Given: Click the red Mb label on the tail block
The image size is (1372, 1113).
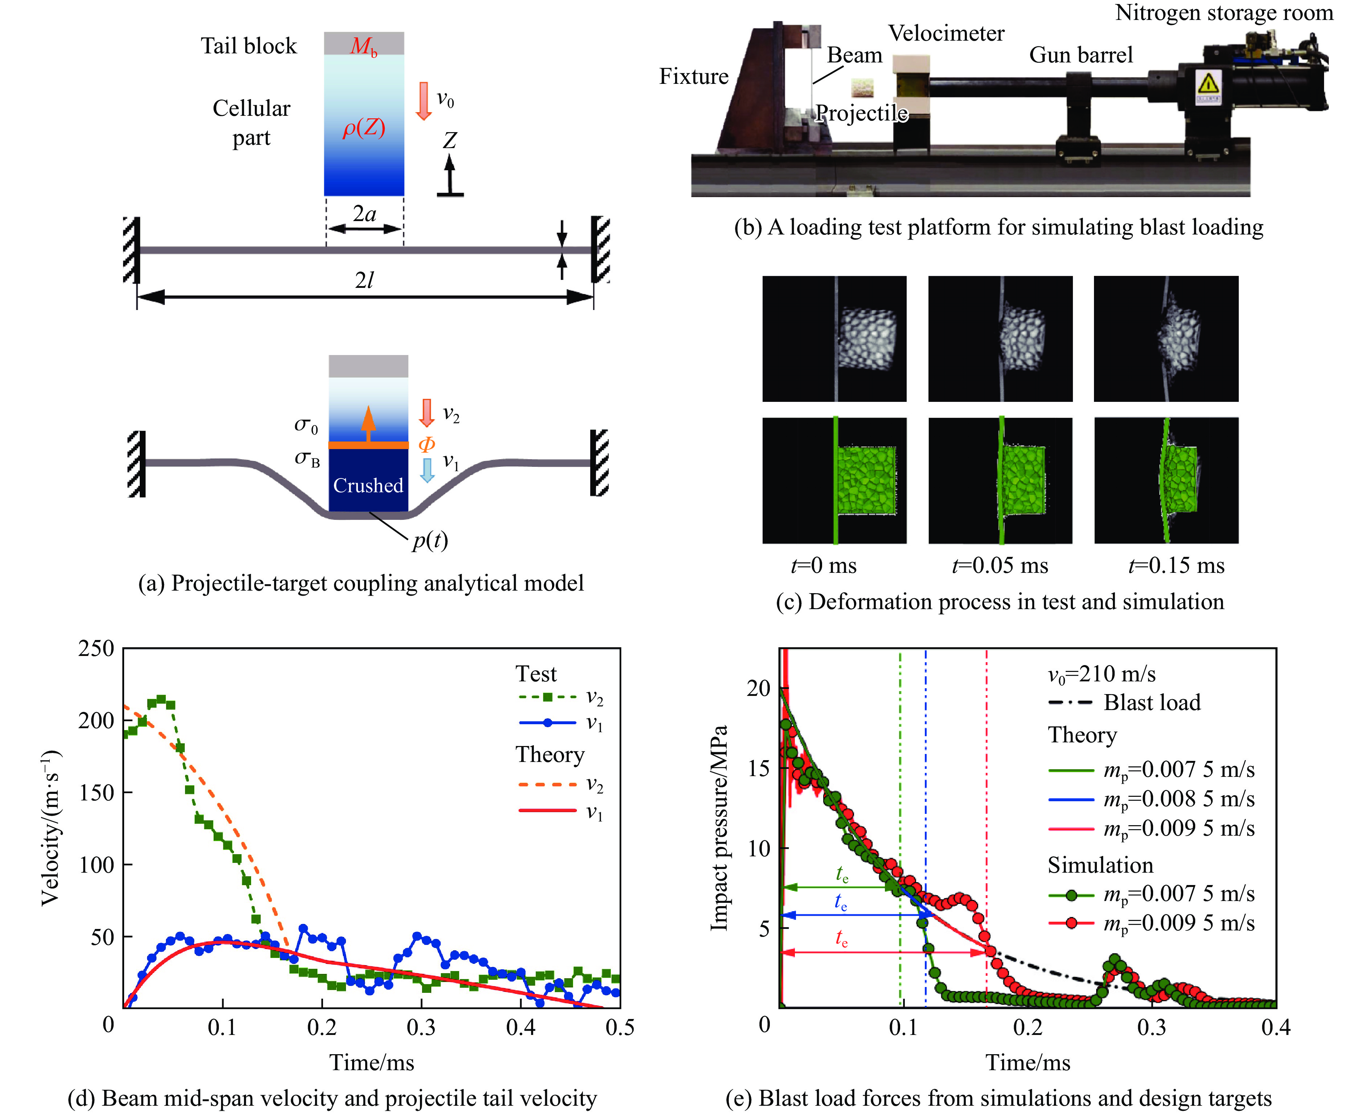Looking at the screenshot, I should [x=364, y=45].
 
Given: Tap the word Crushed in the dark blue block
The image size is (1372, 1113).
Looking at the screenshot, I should [x=368, y=485].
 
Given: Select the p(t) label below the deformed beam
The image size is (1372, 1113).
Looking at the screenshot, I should [x=429, y=541].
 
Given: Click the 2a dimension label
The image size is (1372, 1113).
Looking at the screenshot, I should [x=364, y=213].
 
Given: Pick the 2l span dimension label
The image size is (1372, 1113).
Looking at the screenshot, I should [x=364, y=280].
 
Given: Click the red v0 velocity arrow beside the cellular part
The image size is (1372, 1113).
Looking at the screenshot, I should [x=423, y=101].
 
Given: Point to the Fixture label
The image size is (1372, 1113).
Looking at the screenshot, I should [x=694, y=76].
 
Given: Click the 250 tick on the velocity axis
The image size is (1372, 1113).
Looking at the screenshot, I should [x=96, y=648].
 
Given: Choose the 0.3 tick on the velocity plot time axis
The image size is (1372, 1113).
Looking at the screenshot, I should [x=421, y=1028].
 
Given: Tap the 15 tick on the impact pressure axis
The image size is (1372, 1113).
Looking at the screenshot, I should [x=759, y=768].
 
